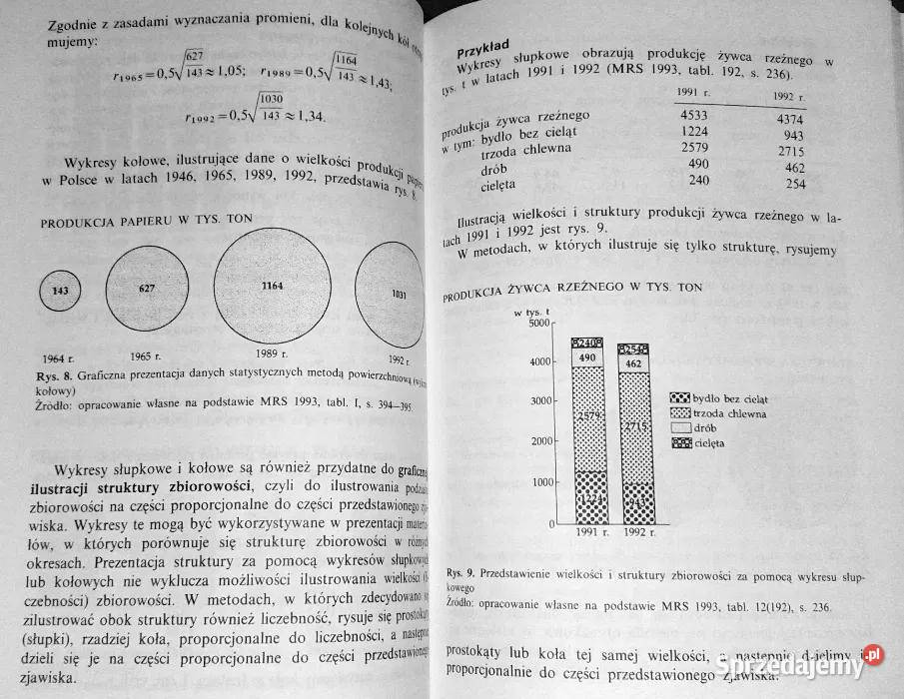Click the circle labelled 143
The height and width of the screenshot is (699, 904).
click(x=60, y=292)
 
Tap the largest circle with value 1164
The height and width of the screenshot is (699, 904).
click(x=272, y=288)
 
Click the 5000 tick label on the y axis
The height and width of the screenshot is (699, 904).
click(x=538, y=322)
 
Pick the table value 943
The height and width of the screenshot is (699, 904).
click(x=794, y=136)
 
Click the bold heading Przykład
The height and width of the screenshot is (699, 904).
click(x=483, y=49)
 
